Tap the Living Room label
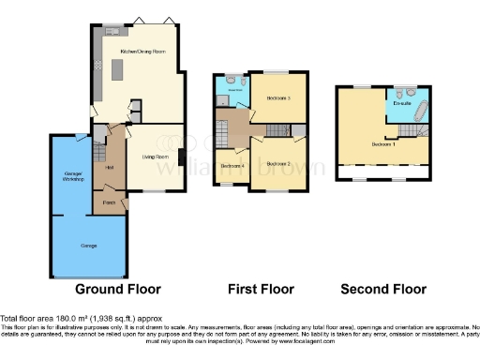156,157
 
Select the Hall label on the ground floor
110,168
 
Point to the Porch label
109,202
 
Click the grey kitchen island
119,70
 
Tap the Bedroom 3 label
279,98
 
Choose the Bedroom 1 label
383,145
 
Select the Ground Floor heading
117,289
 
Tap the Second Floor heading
383,289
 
